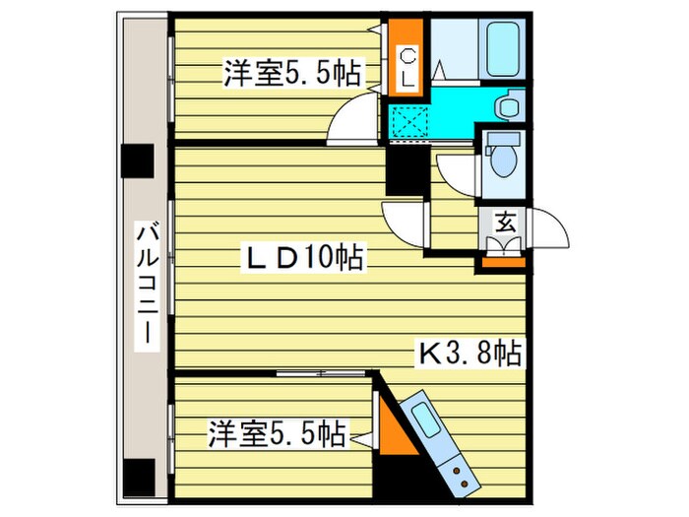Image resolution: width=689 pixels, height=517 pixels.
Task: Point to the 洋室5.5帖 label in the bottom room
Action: [x=275, y=432]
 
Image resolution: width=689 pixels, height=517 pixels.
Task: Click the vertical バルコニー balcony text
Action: [x=147, y=286]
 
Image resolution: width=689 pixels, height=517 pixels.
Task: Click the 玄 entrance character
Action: [x=504, y=222]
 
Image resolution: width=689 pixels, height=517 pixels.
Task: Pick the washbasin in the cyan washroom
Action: [x=508, y=105]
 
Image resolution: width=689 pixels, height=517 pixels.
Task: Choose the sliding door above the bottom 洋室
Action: [x=315, y=373]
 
